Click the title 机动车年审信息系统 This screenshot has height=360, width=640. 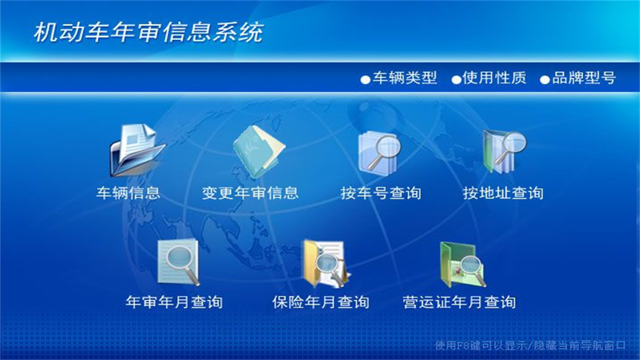coord(148,33)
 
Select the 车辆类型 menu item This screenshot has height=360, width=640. coord(404,78)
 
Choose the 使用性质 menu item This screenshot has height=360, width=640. coord(494,78)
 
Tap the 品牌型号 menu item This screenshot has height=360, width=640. coord(583,78)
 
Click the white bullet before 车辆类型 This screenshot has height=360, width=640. coord(365,79)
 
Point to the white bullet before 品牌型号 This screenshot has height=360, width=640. coord(544,79)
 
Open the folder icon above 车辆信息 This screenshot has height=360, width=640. coord(136,150)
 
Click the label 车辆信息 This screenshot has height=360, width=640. coord(128,193)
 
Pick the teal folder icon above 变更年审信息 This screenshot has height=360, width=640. coord(258,151)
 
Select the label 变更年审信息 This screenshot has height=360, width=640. coord(250,193)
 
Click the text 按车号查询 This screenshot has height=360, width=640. coord(381,193)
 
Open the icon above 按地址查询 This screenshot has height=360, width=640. coord(503,151)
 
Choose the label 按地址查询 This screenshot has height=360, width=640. coord(503,193)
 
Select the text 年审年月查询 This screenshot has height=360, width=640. coord(174,302)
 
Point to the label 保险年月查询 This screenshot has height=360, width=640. coord(321,302)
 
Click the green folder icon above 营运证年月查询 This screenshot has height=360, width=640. coord(461,263)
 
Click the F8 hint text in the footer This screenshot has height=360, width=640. coord(530,345)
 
